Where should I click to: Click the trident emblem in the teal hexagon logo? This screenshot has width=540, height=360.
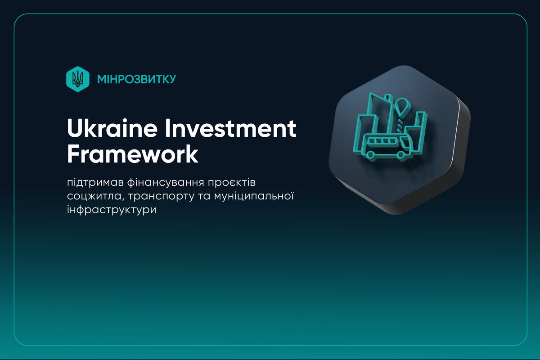coord(77,79)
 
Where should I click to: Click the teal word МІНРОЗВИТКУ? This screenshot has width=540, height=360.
coord(136,79)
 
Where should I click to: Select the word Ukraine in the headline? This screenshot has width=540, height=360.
coord(112,128)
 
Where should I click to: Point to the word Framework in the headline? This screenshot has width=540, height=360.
coord(133,154)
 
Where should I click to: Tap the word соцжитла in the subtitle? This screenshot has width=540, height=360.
coord(95,196)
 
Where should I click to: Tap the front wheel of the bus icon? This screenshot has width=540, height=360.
coord(400,156)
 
